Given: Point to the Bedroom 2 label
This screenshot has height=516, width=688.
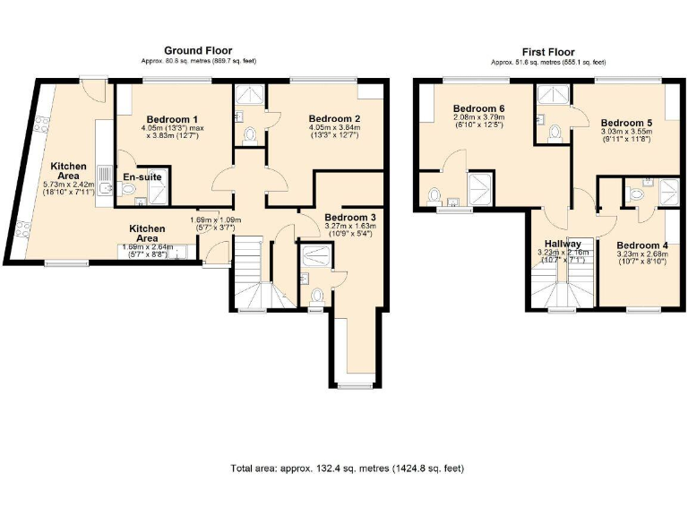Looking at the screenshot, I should tap(334, 118).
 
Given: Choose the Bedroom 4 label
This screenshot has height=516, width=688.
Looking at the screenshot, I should tap(641, 245).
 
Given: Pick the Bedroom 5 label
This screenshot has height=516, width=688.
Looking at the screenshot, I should tap(626, 123).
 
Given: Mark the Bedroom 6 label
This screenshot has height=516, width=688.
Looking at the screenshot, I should tap(478, 108).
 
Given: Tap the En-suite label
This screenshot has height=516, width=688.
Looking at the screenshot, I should tap(142, 176).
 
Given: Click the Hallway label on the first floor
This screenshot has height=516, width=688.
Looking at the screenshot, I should tap(559, 244).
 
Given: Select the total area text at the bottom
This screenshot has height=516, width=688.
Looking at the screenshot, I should tap(348, 469).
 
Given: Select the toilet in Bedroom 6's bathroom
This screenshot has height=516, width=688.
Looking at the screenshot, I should tap(434, 193).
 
